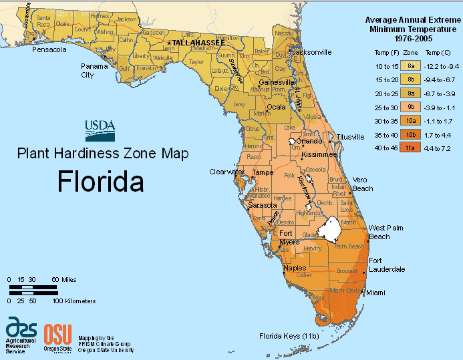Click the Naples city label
pos(295,268)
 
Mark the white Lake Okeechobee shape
pos(329,229)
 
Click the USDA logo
pos(100,129)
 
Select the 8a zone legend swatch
pos(411,65)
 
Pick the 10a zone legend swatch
pos(411,121)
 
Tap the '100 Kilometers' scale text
pos(73,301)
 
